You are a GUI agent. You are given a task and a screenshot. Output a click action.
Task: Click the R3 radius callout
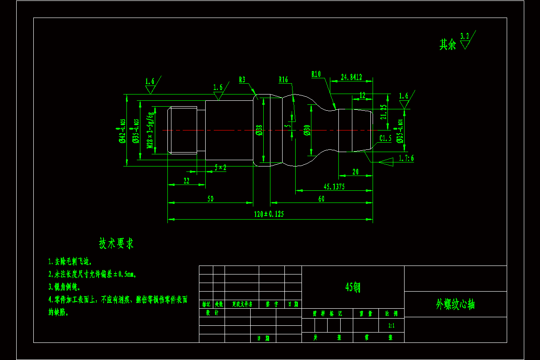pyautogui.click(x=242, y=80)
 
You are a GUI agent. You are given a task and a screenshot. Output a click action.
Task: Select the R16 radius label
pyautogui.click(x=283, y=80)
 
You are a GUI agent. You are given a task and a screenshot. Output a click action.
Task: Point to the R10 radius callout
pyautogui.click(x=316, y=74)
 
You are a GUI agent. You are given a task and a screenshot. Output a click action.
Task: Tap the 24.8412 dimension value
pyautogui.click(x=351, y=77)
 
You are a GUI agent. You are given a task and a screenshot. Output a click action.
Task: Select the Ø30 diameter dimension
pyautogui.click(x=307, y=130)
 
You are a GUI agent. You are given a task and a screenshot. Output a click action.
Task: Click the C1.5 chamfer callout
pyautogui.click(x=385, y=138)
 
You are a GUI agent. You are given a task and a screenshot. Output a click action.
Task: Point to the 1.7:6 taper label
pyautogui.click(x=406, y=158)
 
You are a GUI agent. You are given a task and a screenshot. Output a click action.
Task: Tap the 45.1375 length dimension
pyautogui.click(x=334, y=187)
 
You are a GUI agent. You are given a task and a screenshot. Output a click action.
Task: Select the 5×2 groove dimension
pyautogui.click(x=220, y=167)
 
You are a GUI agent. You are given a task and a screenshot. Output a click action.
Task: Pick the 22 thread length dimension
pyautogui.click(x=186, y=180)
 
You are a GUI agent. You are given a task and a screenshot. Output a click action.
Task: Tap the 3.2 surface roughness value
pyautogui.click(x=465, y=36)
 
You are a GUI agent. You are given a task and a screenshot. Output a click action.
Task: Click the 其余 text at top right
pyautogui.click(x=447, y=44)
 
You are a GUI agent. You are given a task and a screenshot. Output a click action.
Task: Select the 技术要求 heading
pyautogui.click(x=116, y=243)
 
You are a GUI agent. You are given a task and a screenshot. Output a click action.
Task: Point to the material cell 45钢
pyautogui.click(x=352, y=287)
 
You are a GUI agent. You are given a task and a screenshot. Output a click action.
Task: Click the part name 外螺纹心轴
pyautogui.click(x=455, y=305)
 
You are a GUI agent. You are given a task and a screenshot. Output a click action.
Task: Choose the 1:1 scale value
pyautogui.click(x=391, y=324)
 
